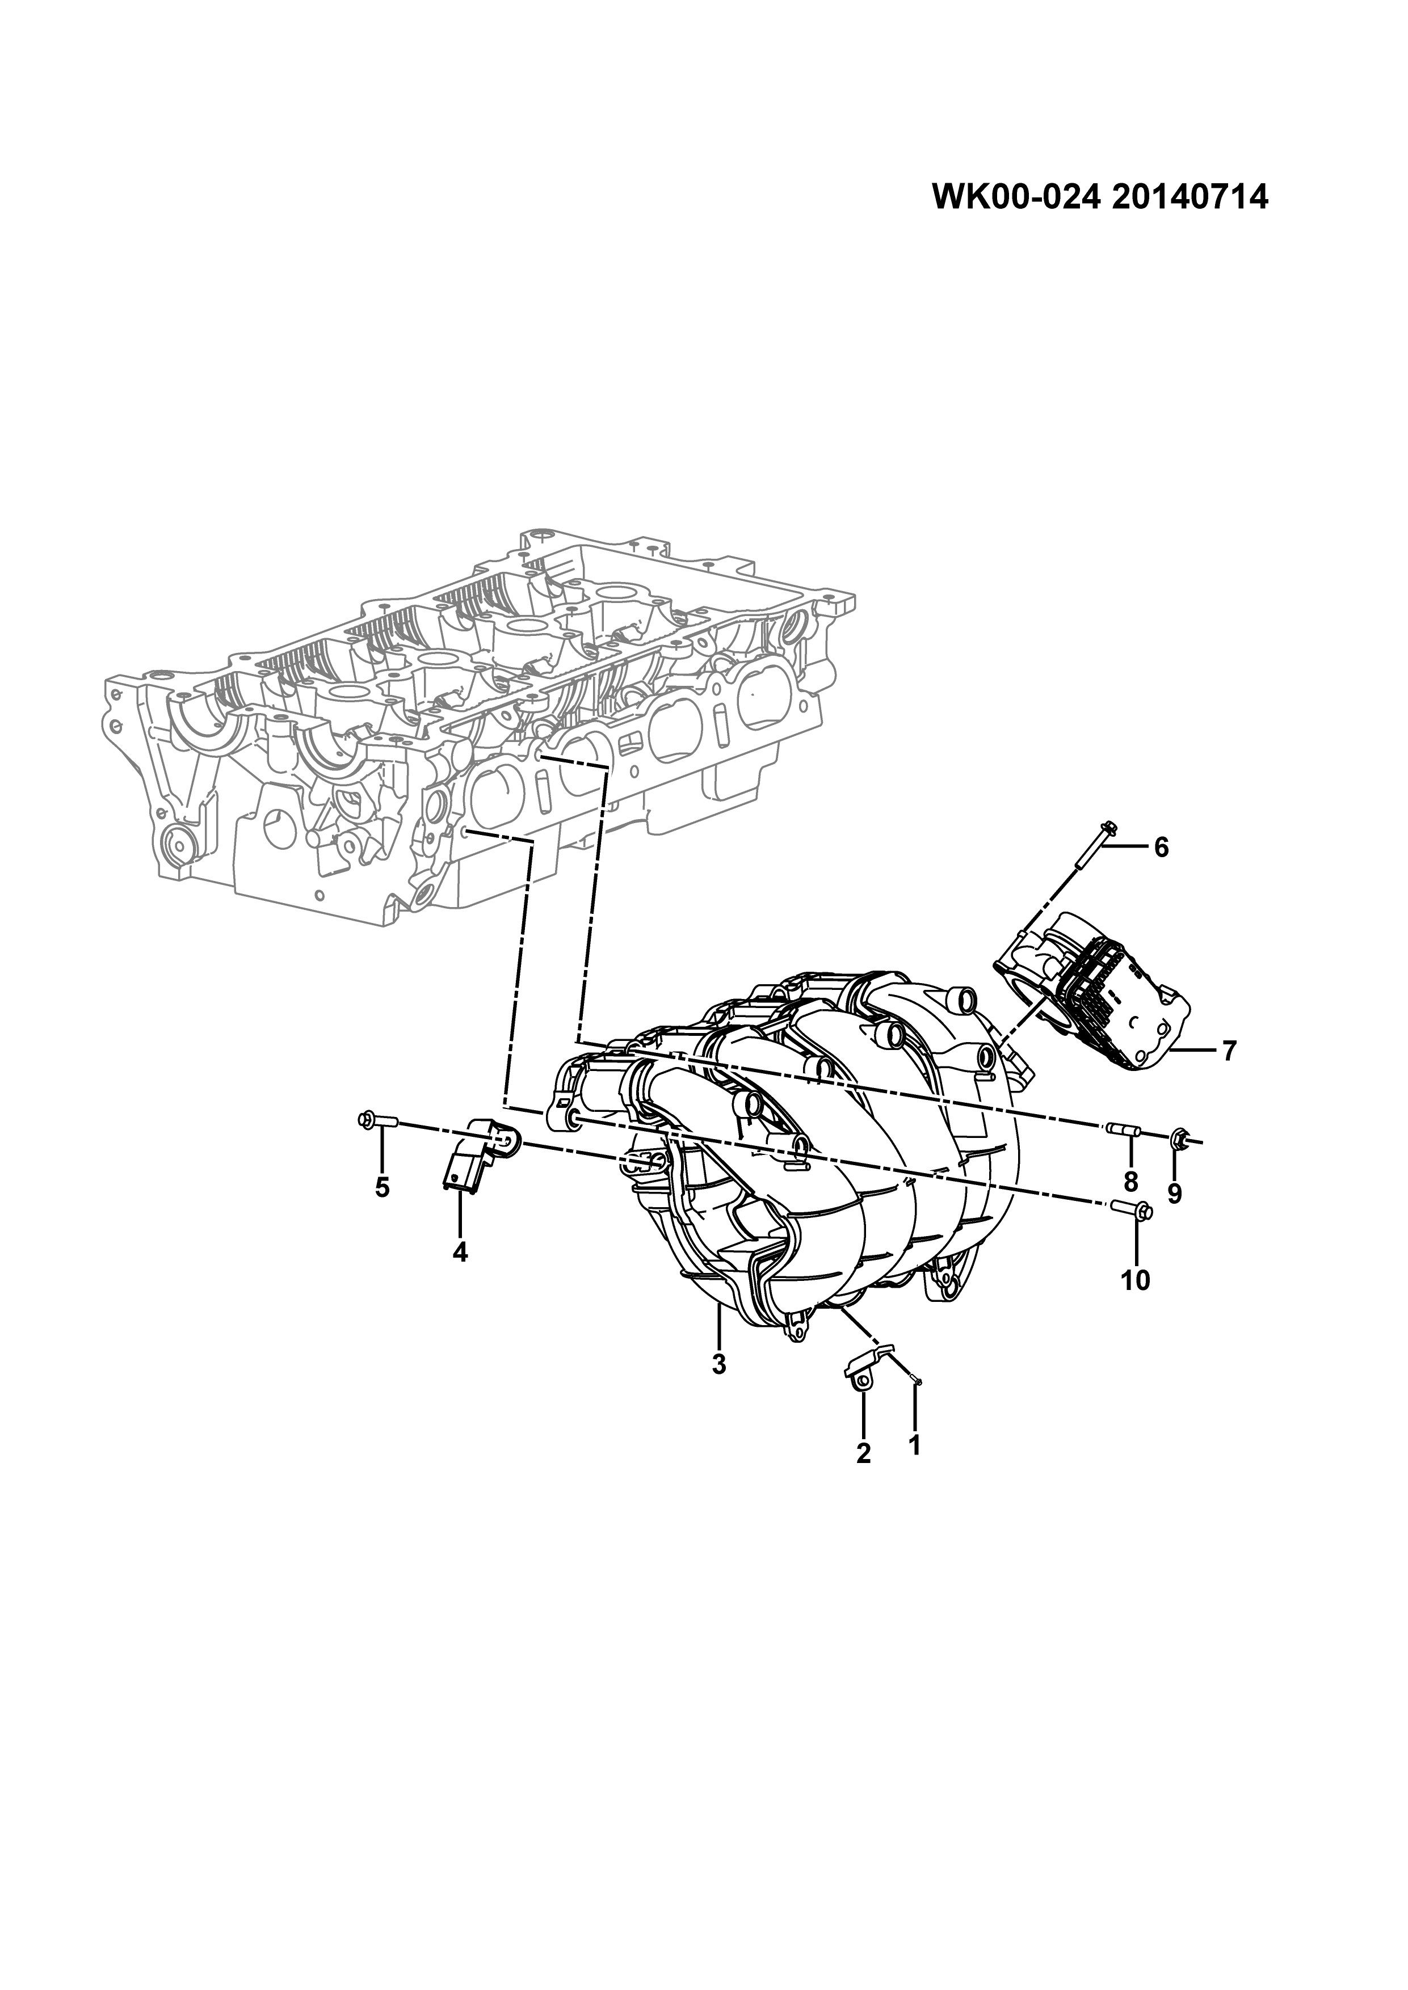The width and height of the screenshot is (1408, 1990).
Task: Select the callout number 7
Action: coord(1229,1051)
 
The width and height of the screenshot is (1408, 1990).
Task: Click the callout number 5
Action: coord(383,1187)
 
